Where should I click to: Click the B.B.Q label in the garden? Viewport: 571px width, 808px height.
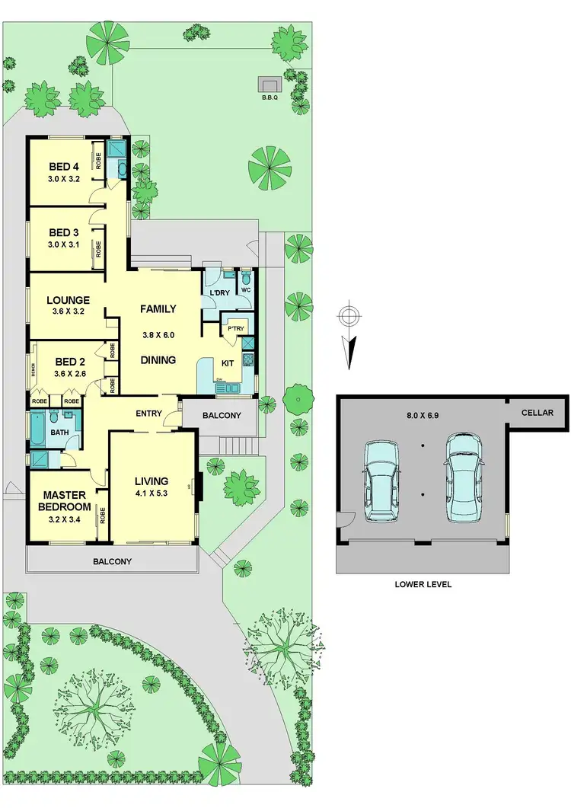(x=270, y=97)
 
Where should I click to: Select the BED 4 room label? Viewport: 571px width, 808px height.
(x=64, y=167)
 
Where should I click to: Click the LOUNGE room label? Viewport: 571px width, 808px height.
(x=67, y=301)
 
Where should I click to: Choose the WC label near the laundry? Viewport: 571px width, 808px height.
(x=246, y=290)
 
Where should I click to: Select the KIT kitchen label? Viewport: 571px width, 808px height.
(x=228, y=363)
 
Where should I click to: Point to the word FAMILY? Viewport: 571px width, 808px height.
(x=158, y=309)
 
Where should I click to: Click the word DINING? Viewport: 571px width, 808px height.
(x=158, y=360)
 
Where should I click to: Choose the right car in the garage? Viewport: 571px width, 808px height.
(x=463, y=478)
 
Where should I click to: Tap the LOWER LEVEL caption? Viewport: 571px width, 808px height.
(x=423, y=584)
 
